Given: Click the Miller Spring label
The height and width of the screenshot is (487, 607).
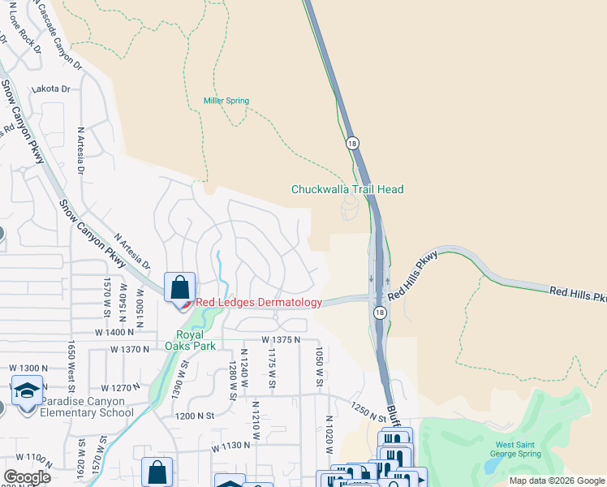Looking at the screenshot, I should [226, 101].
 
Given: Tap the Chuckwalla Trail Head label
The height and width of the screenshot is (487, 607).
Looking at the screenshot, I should [347, 189].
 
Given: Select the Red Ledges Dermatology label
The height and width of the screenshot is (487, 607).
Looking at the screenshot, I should [257, 303].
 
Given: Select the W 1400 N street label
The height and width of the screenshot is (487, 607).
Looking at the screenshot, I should [114, 332].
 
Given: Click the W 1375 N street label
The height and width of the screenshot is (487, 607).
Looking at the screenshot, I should [281, 339].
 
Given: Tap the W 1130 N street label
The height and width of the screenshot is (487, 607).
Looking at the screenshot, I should [232, 446].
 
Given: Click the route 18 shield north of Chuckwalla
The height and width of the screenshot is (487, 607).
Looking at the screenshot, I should [351, 143].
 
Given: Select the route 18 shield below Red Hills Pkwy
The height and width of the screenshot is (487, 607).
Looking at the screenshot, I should [379, 312].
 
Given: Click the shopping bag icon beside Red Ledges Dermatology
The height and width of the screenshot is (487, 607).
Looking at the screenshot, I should [179, 287].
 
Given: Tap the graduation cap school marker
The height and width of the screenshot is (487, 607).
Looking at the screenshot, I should [28, 390].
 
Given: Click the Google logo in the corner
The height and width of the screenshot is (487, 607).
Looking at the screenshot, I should [27, 477].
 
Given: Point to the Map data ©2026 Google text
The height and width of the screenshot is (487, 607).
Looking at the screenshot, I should [557, 481].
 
